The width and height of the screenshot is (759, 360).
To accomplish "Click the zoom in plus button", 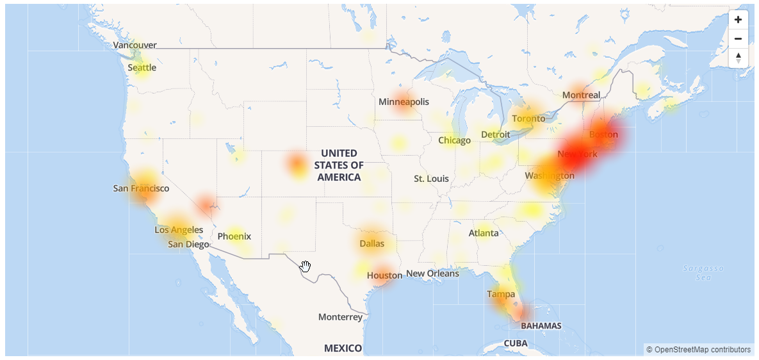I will [738, 19].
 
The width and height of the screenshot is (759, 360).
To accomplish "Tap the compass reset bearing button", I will [738, 58].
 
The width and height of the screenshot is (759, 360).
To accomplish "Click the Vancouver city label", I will [135, 45].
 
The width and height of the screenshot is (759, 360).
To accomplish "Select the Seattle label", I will [142, 67].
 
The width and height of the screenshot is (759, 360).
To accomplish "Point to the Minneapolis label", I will [404, 102].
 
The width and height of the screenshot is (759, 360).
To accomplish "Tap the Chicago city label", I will [454, 140].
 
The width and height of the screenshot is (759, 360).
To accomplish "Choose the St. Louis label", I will [431, 179].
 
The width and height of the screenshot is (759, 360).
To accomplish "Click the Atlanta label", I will [483, 233].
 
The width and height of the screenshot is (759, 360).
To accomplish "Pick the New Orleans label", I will [432, 274].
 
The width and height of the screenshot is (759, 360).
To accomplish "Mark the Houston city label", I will [384, 275].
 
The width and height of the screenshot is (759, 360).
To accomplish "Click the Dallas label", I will [371, 243].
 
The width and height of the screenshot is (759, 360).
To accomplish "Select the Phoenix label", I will [234, 236].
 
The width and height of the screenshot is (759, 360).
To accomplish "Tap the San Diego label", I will [188, 244].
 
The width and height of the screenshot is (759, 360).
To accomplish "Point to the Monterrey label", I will [340, 317].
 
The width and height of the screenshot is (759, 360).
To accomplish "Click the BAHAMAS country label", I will [541, 325].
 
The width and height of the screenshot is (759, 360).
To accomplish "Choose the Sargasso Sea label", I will [703, 272].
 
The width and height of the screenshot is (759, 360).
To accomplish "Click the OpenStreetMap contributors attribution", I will [698, 350].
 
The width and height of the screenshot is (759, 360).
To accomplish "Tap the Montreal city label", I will [581, 95].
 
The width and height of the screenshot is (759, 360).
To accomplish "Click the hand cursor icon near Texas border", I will [306, 266].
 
